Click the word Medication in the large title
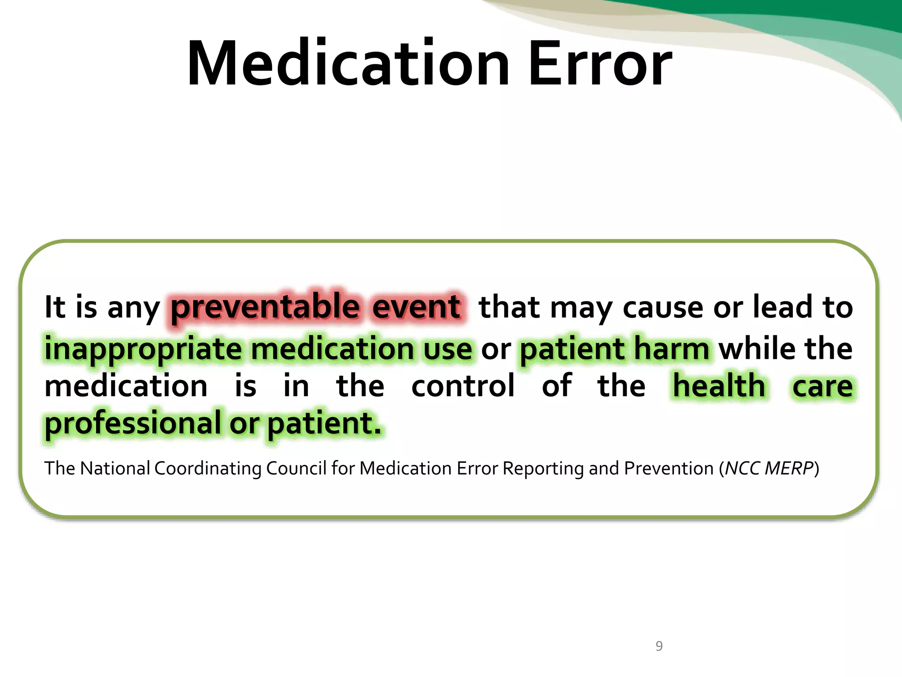[x=348, y=64]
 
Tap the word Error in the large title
[x=600, y=64]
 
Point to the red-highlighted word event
[x=416, y=307]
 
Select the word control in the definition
[x=462, y=386]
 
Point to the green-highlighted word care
[x=822, y=386]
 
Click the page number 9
[x=659, y=646]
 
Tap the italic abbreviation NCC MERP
[x=769, y=468]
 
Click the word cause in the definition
[x=663, y=308]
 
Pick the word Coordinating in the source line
[x=207, y=468]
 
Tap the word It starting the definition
[x=55, y=307]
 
